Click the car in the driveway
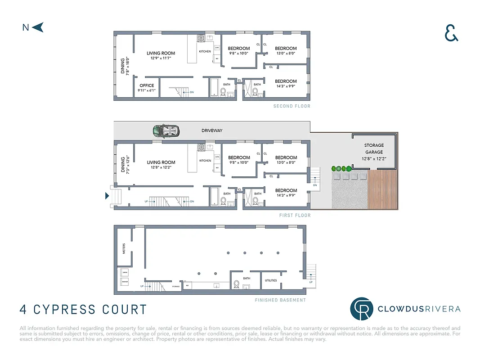point(166,131)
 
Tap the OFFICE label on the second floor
point(147,85)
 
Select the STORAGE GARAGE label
point(374,148)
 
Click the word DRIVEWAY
point(211,130)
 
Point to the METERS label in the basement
point(124,248)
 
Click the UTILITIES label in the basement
point(271,280)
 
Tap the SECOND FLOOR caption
point(292,106)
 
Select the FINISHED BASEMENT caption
point(280,300)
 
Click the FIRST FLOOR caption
point(295,216)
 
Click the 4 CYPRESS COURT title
point(83,310)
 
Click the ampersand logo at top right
point(451,32)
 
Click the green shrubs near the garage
point(341,169)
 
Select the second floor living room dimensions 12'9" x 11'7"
point(161,58)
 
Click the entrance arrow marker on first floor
point(107,196)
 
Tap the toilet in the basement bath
point(236,284)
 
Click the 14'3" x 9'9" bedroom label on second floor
point(286,84)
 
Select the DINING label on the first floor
point(122,165)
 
